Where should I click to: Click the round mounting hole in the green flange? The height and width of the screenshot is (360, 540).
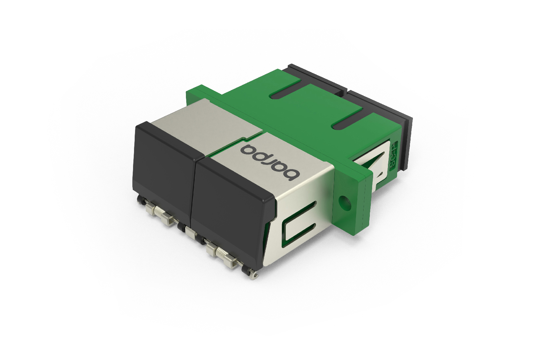tap(344, 200)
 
